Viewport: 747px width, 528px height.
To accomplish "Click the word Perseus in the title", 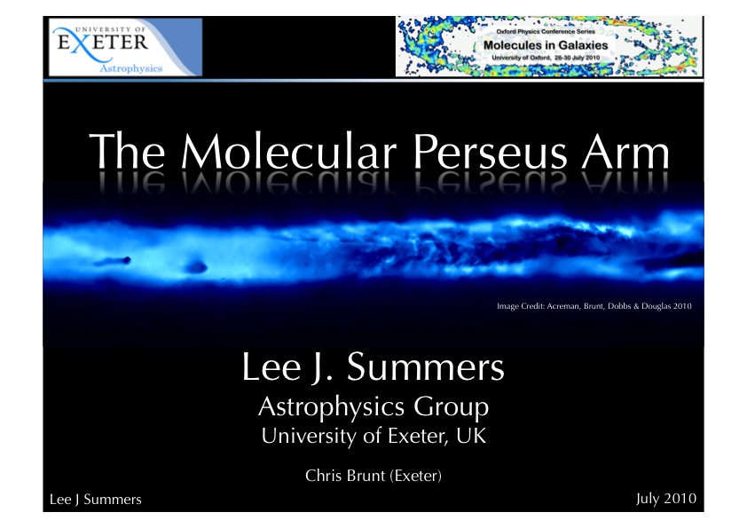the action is click(x=491, y=152).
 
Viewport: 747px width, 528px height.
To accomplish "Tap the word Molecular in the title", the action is click(x=288, y=151).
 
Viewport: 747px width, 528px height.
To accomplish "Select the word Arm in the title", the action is click(x=625, y=152).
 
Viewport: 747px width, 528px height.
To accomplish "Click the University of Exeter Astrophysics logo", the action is click(x=125, y=47).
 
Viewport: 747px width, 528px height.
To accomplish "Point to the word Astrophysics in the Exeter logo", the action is click(x=131, y=68).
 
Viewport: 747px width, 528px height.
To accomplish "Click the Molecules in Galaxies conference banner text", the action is click(x=546, y=45).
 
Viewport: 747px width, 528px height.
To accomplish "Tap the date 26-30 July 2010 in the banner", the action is click(x=577, y=58).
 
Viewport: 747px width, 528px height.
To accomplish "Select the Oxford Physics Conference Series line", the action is click(x=546, y=31).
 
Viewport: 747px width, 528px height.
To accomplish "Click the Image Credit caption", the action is click(x=594, y=306).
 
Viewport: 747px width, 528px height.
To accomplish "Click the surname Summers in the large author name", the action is click(x=426, y=366).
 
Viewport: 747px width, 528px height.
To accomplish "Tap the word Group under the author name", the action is click(x=451, y=408).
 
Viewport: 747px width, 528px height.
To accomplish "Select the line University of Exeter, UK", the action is click(x=374, y=436).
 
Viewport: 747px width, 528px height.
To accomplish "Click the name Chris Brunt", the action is click(x=345, y=476).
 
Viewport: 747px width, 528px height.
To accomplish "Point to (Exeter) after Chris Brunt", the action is click(x=416, y=476).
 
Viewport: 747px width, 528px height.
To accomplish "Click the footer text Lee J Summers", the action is click(x=95, y=500).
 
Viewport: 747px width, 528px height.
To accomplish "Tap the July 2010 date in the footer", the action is click(x=666, y=499).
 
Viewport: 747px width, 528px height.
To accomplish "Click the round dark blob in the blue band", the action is click(x=196, y=267).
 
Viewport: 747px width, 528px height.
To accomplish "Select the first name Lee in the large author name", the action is click(x=271, y=366).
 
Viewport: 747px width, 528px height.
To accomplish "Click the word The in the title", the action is click(x=127, y=151).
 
